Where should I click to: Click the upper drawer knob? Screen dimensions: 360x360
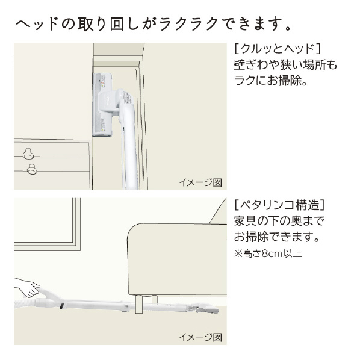(x=28, y=154)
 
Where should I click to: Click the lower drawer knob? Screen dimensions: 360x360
(x=32, y=169)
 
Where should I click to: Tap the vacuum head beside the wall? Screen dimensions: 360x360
(x=102, y=105)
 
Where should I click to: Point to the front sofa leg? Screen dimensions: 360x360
(x=139, y=304)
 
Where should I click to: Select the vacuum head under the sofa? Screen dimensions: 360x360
(x=205, y=308)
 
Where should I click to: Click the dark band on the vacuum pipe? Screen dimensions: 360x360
(x=62, y=306)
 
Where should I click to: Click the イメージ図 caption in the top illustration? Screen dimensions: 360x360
(x=200, y=182)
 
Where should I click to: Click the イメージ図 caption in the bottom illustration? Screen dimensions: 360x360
(x=200, y=337)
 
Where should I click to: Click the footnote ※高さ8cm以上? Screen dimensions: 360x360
(x=268, y=253)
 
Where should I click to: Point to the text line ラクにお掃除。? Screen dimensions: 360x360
(x=271, y=81)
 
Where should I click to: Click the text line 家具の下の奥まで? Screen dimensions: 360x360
(x=279, y=221)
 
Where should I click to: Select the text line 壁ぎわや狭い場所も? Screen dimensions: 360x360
(x=285, y=65)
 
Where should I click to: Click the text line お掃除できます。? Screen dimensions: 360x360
(x=277, y=237)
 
